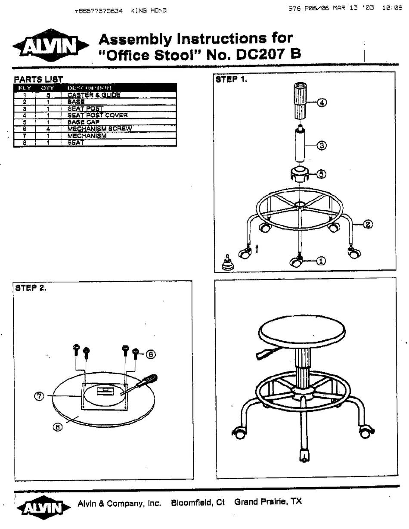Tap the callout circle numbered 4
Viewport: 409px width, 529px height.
point(322,103)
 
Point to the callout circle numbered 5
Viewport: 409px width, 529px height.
point(321,174)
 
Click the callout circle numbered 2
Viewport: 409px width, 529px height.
point(369,224)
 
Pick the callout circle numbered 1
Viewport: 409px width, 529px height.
point(321,261)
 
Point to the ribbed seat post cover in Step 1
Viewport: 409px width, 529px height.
point(301,102)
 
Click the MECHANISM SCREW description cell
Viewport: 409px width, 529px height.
point(99,129)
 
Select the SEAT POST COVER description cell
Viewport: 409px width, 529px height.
point(97,115)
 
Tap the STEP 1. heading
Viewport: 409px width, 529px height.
point(232,79)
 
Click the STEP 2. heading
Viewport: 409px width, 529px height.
point(31,288)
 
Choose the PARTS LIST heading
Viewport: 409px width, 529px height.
point(39,79)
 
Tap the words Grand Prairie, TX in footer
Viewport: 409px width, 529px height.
point(268,502)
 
